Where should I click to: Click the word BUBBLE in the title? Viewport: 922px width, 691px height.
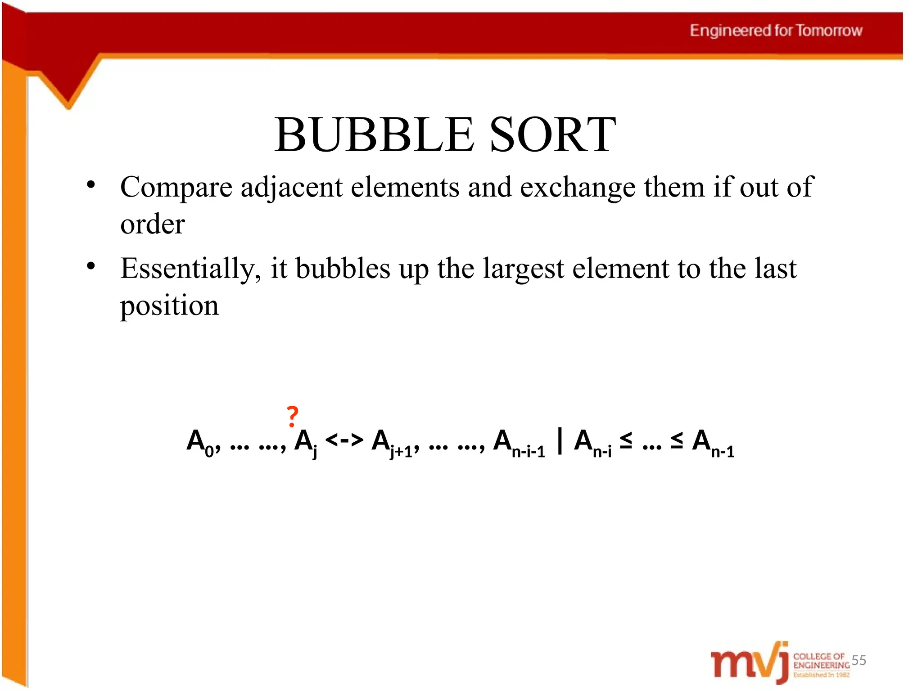click(374, 135)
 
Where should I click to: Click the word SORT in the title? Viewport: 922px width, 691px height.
click(552, 135)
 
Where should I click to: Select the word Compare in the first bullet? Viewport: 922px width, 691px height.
click(176, 187)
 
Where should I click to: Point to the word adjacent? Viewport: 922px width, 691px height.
click(291, 187)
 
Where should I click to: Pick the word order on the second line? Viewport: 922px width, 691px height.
click(153, 224)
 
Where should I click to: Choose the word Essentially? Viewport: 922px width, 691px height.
click(190, 269)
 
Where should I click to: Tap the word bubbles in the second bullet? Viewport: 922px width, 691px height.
click(343, 269)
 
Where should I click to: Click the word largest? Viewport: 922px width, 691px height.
click(523, 269)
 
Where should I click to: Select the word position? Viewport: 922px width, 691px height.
click(169, 306)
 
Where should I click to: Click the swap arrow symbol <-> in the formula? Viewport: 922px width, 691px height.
click(344, 440)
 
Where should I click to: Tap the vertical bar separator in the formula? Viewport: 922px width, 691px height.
click(560, 441)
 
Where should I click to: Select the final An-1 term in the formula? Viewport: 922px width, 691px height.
click(713, 443)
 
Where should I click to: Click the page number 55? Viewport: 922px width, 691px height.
click(859, 660)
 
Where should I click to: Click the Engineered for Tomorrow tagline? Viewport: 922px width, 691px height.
click(776, 31)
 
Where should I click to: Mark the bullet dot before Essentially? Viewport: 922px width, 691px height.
click(91, 266)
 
